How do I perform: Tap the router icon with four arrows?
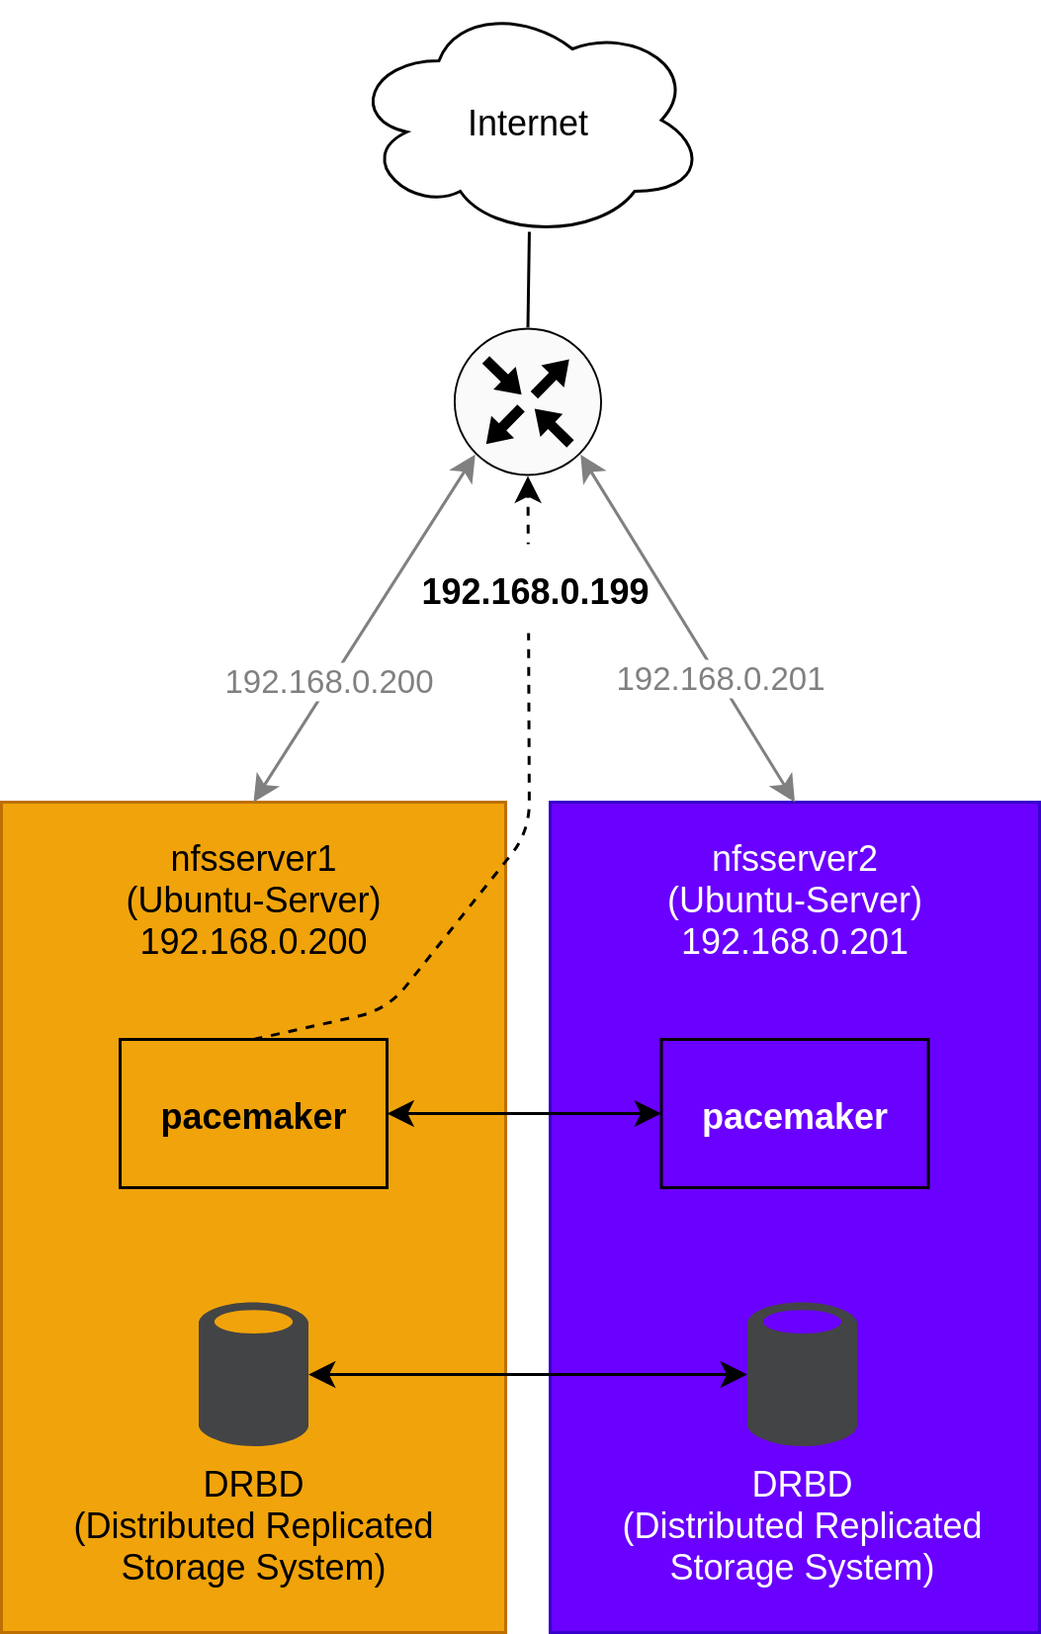(x=528, y=402)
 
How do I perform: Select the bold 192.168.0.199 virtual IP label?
(x=535, y=592)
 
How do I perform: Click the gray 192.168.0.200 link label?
(x=329, y=682)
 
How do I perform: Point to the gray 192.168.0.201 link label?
(x=721, y=679)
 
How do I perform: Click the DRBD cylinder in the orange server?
(x=253, y=1374)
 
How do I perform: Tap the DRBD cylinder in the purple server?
(x=802, y=1374)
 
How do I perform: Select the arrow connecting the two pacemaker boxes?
(x=524, y=1114)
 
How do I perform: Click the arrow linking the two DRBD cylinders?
(x=528, y=1374)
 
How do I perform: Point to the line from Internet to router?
(x=529, y=280)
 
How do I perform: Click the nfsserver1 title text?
(x=253, y=859)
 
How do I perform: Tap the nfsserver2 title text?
(x=795, y=859)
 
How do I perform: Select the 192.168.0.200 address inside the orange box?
(x=253, y=942)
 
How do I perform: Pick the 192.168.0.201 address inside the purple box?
(x=795, y=942)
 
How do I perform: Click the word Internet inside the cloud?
(x=528, y=124)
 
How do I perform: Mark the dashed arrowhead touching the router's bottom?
(x=529, y=490)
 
